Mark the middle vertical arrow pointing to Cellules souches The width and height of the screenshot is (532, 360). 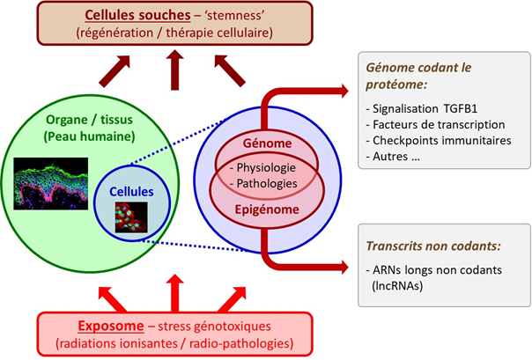point(176,68)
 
